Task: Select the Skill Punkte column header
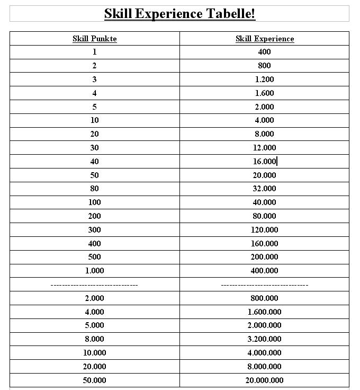pos(95,39)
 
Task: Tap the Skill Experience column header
pos(265,39)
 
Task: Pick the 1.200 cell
pos(265,79)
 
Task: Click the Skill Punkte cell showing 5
pos(95,107)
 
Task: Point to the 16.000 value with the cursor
pos(265,162)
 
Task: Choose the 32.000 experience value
pos(265,189)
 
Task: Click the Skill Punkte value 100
pos(95,202)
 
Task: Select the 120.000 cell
pos(265,230)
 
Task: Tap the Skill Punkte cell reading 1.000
pos(95,271)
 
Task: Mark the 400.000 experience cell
pos(265,271)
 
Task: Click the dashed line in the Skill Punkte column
pos(95,285)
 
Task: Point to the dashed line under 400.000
pos(265,285)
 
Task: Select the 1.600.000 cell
pos(265,312)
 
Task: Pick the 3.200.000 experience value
pos(265,339)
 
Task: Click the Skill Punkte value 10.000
pos(95,353)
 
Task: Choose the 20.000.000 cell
pos(265,380)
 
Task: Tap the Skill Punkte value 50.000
pos(95,380)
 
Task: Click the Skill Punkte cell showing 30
pos(95,148)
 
